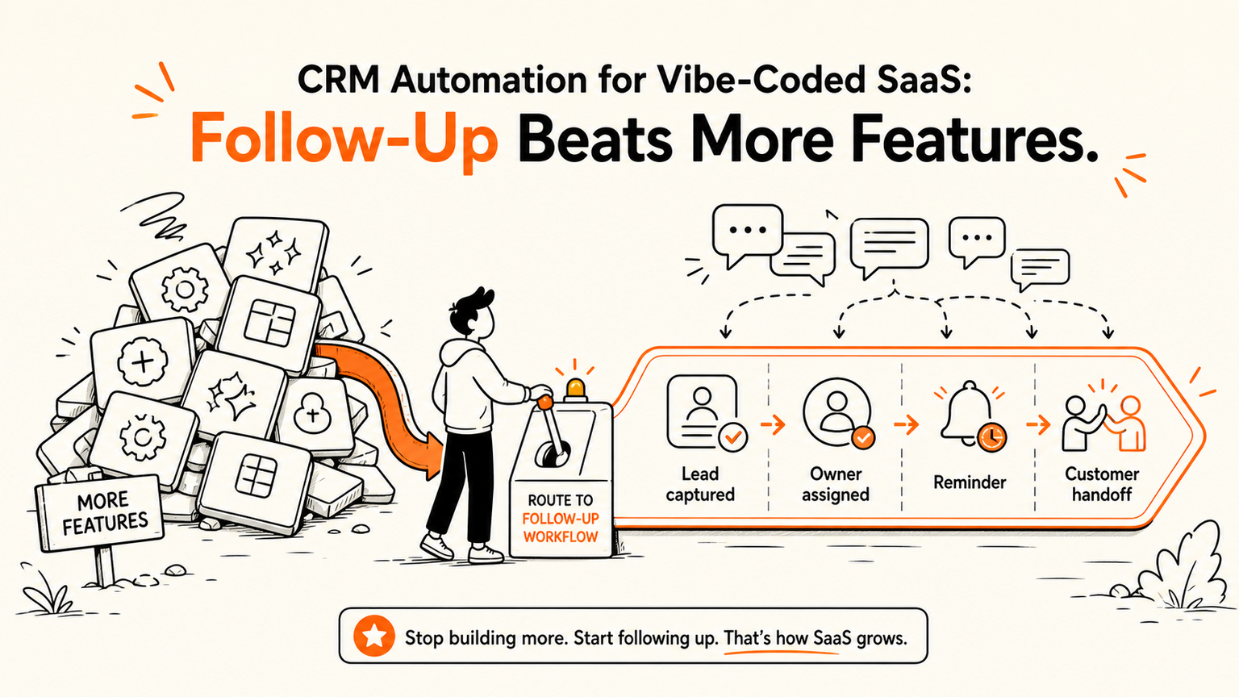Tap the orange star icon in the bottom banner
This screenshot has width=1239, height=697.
point(374,636)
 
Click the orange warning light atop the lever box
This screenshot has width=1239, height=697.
point(575,389)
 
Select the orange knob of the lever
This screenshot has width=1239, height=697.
point(544,403)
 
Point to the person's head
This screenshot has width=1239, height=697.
point(473,315)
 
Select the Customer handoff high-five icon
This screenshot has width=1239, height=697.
point(1103,422)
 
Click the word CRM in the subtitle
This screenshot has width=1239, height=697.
point(338,80)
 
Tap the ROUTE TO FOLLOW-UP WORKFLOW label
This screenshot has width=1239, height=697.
point(560,519)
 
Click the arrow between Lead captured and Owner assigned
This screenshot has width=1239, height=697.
point(774,425)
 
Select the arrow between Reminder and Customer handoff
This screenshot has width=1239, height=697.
point(1038,425)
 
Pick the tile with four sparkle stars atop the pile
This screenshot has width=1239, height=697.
point(275,253)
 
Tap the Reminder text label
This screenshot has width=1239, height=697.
point(969,482)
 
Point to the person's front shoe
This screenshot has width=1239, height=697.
point(486,554)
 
